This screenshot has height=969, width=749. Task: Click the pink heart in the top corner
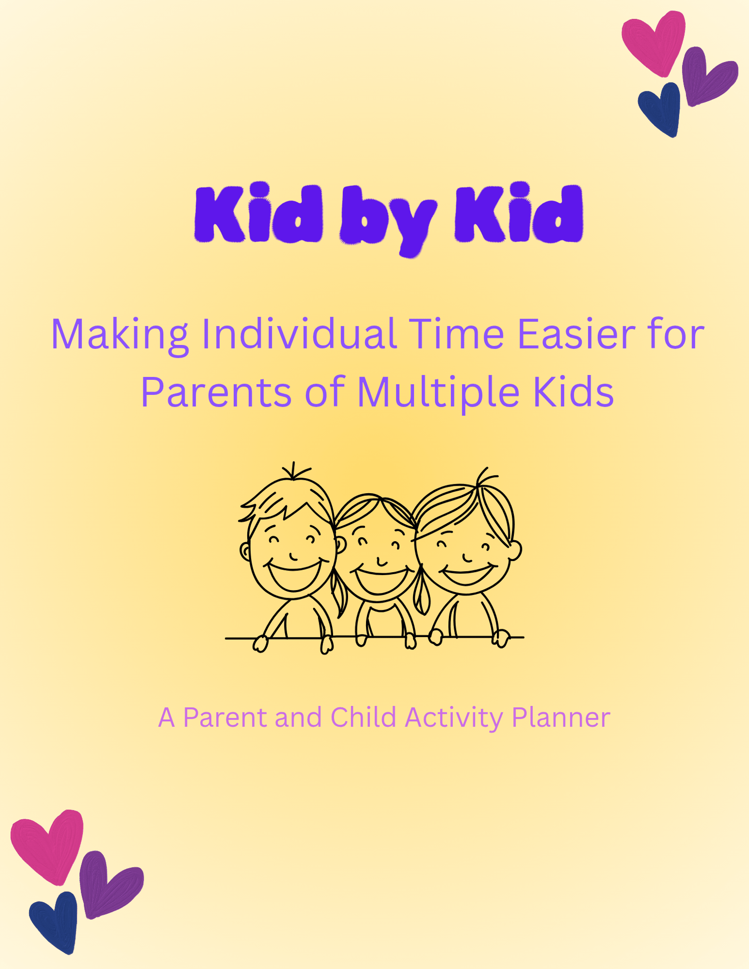653,42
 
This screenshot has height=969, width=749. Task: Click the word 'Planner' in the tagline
561,717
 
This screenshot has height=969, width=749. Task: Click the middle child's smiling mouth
381,580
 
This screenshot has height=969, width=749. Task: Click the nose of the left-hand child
294,556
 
